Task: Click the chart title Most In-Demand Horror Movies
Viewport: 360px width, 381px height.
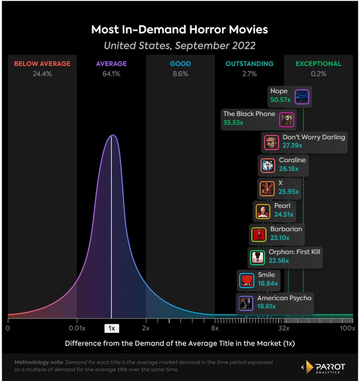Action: pos(179,29)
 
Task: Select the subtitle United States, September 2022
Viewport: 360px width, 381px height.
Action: pos(179,46)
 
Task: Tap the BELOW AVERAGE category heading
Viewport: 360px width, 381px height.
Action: pos(42,64)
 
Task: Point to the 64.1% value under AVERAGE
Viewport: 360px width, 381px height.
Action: pos(111,74)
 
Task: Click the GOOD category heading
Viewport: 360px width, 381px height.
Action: pos(180,64)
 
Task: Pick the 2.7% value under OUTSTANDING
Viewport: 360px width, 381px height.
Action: pos(249,74)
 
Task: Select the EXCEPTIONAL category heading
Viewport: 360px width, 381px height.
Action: pos(318,64)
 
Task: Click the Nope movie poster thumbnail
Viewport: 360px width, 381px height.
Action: pos(301,97)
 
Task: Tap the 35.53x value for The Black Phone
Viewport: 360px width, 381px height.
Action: pos(233,123)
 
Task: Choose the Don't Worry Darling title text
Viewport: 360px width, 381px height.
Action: pos(313,137)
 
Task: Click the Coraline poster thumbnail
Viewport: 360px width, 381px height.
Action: pos(268,166)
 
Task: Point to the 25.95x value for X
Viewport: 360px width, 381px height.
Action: pos(288,191)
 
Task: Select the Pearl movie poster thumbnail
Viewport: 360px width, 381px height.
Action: pos(263,211)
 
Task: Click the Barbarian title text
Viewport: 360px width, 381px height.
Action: pos(286,229)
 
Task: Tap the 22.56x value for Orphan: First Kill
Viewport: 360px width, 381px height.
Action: pos(279,260)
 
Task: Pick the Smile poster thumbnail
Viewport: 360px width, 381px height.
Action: pos(247,280)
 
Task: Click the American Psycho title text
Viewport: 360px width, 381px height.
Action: pos(284,298)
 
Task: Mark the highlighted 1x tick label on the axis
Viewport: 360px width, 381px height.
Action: pos(112,328)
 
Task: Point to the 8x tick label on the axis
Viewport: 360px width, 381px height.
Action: pos(215,328)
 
